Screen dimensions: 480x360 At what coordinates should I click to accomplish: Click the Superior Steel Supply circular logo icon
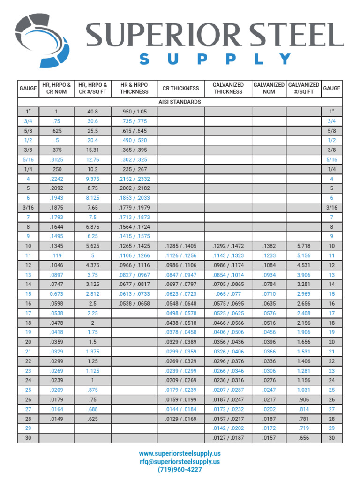(43, 40)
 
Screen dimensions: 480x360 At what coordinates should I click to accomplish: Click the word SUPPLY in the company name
(215, 60)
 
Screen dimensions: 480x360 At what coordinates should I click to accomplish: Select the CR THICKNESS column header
(180, 88)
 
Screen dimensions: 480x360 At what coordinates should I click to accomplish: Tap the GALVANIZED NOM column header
(269, 88)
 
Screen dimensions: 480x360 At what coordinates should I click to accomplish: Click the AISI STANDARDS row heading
(180, 102)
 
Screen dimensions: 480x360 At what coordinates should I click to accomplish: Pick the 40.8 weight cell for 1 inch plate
(93, 112)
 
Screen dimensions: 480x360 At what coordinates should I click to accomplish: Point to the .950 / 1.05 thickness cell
(134, 112)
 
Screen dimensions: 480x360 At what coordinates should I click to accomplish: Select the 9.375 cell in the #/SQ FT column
(93, 179)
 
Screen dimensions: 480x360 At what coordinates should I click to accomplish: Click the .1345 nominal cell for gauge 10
(56, 246)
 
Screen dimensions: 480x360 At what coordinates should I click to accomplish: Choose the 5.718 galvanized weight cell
(304, 246)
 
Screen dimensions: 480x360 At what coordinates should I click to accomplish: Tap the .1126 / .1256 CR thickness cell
(180, 255)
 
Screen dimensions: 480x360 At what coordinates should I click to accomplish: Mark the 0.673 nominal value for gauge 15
(56, 294)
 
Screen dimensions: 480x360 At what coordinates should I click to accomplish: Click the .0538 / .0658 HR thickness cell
(134, 303)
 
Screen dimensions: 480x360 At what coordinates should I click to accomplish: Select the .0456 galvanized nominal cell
(269, 332)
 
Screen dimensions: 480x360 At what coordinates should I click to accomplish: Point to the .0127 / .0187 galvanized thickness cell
(228, 438)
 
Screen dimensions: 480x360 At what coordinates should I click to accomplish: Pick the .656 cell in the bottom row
(304, 438)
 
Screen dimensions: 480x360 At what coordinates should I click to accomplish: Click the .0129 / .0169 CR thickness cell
(180, 419)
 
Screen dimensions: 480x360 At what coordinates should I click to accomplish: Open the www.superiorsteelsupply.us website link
(180, 453)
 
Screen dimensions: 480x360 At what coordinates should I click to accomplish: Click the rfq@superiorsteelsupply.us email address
(180, 461)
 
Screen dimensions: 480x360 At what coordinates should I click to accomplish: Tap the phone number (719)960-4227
(180, 469)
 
